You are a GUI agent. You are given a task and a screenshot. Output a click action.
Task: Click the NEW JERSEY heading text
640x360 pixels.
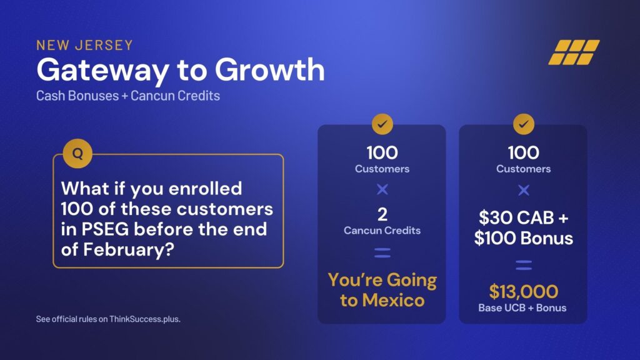(x=84, y=45)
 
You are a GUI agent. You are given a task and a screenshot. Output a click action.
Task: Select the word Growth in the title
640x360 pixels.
(x=270, y=69)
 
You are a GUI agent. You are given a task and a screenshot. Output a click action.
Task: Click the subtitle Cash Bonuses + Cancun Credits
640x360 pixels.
(x=127, y=96)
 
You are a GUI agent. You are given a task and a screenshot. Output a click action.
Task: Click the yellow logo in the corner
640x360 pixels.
(x=574, y=52)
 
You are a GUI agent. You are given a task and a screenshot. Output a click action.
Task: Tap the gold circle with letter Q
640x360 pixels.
(x=77, y=154)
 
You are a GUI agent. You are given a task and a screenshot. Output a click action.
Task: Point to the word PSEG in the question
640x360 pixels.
(x=105, y=229)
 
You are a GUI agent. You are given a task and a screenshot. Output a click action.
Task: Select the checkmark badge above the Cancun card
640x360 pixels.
(x=382, y=124)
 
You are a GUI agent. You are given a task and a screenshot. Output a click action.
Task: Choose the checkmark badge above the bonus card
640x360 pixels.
(x=524, y=124)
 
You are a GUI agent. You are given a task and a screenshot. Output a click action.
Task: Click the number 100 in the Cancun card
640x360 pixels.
(x=382, y=152)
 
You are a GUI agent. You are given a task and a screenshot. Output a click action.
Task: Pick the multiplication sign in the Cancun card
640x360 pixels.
(x=382, y=189)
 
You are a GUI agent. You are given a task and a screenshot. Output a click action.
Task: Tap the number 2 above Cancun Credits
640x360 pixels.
(x=382, y=214)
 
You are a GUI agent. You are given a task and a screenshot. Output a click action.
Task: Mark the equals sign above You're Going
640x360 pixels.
(x=382, y=253)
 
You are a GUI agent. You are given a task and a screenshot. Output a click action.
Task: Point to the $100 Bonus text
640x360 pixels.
(x=524, y=238)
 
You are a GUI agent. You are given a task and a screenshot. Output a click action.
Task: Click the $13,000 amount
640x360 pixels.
(x=524, y=291)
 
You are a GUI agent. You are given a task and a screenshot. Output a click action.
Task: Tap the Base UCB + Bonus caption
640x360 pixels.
(x=522, y=307)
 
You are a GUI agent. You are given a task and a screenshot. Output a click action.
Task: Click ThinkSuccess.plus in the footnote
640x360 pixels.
(x=145, y=319)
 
